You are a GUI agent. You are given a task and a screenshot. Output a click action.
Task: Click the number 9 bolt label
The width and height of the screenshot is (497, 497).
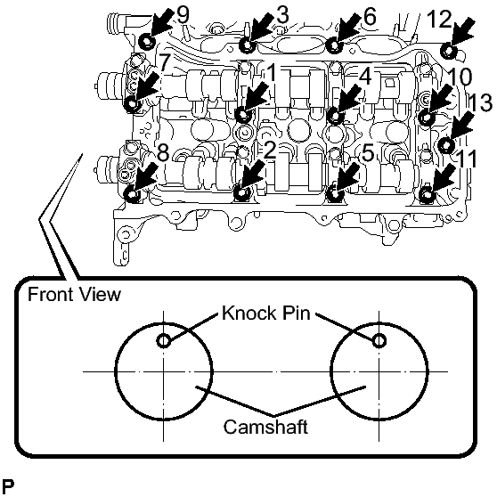click(183, 15)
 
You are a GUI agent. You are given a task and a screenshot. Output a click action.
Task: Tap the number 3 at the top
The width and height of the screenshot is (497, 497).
click(282, 15)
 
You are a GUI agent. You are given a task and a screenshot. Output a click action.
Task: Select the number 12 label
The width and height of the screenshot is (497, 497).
click(439, 19)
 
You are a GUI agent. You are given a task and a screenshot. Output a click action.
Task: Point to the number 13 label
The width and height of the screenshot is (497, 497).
click(480, 102)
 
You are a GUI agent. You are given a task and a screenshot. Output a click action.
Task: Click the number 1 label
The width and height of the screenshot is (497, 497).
click(272, 74)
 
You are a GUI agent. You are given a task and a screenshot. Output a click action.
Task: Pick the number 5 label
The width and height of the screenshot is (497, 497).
click(369, 153)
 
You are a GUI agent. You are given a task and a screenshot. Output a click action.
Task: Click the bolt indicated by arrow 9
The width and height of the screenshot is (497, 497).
click(147, 41)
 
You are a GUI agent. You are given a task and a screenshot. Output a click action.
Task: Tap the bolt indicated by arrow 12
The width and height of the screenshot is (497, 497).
click(449, 51)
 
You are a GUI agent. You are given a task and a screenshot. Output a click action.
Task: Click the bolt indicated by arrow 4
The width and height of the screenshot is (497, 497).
click(335, 116)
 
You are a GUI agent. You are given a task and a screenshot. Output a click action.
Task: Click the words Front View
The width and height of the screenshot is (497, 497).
click(75, 294)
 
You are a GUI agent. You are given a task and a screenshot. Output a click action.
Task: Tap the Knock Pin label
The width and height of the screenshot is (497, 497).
click(266, 313)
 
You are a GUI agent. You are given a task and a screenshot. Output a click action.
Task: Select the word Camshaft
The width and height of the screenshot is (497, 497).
click(265, 427)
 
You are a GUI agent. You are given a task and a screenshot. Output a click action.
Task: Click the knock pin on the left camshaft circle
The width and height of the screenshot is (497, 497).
click(164, 341)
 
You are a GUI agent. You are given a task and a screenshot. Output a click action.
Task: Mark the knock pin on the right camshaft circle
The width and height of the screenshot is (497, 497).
click(379, 341)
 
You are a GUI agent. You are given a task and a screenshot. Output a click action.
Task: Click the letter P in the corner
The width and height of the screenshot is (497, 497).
click(8, 487)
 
